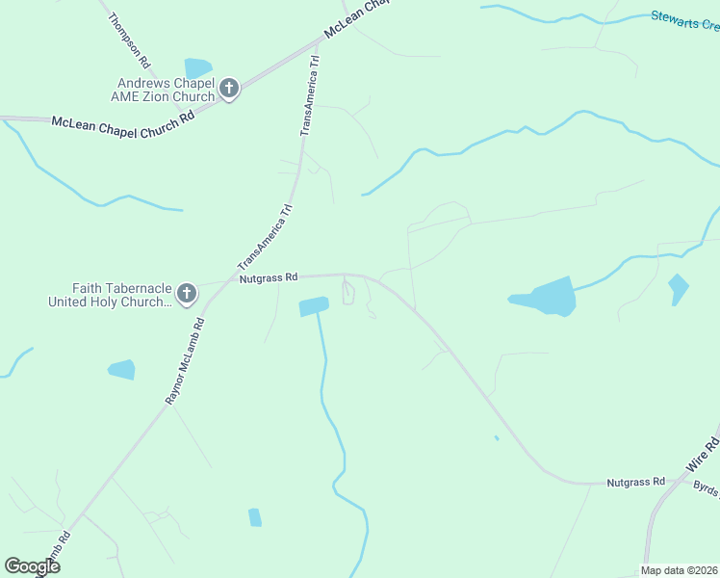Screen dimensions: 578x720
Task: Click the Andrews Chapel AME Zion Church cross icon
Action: (x=229, y=90)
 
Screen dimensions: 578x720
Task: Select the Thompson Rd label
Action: (x=130, y=39)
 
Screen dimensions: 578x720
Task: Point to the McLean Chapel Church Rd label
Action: (x=123, y=122)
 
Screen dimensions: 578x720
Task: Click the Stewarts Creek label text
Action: (x=684, y=19)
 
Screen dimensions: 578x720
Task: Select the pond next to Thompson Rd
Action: (x=198, y=67)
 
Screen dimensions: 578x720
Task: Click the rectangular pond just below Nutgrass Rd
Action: (x=314, y=306)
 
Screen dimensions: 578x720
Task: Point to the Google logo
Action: (x=32, y=566)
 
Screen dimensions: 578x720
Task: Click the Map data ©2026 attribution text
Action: (x=679, y=570)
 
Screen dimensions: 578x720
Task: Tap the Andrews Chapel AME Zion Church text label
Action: (x=166, y=90)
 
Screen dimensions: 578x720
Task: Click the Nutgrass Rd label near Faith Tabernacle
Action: (x=270, y=277)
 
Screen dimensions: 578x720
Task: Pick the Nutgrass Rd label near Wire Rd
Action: (x=635, y=481)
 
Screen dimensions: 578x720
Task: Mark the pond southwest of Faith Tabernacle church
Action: (x=121, y=369)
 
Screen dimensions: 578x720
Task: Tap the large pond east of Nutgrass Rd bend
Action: (x=547, y=297)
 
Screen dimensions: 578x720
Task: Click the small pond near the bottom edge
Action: (x=254, y=517)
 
